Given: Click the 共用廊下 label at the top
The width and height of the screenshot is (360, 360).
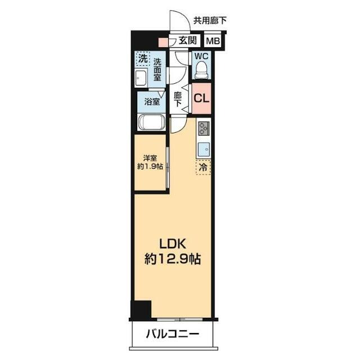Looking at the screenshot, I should point(210,20).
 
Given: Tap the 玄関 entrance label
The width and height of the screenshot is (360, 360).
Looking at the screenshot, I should point(188,40).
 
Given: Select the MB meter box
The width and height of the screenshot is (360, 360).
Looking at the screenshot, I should point(212,40).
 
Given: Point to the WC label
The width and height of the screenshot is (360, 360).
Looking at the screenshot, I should point(201,56).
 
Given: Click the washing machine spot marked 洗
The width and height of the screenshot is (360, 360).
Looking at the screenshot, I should point(142,58).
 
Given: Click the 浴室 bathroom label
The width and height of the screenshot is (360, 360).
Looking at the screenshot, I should point(151,102).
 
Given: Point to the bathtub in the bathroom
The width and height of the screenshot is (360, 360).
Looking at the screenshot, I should point(150,123).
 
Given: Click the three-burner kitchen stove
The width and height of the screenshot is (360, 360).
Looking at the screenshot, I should point(203,129).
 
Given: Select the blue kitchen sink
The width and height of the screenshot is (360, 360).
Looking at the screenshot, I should point(203,149).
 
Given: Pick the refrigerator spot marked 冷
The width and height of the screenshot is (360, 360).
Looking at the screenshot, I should point(203,168).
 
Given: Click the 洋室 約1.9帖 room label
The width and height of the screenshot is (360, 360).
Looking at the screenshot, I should point(150,163).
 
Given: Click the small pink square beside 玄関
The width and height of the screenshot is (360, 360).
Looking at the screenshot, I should point(163,41).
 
